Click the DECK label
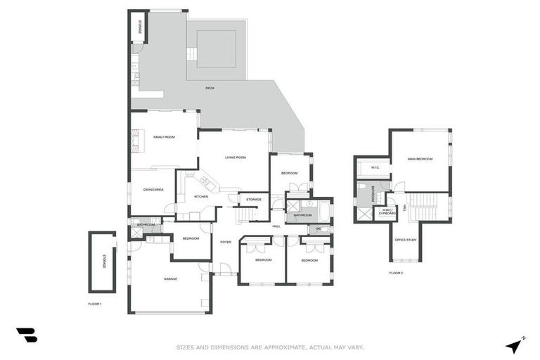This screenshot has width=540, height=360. [210, 88]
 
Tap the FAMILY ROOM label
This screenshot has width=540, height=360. [164, 137]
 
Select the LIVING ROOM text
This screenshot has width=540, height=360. [235, 157]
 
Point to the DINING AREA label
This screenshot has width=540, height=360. [153, 190]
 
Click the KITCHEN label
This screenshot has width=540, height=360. [201, 197]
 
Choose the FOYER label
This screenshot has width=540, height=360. [225, 242]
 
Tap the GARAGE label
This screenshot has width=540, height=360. [170, 279]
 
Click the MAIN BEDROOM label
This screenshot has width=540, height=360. [420, 160]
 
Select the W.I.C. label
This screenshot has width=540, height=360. [375, 167]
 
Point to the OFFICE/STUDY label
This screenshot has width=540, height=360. [405, 240]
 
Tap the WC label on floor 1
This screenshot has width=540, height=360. [319, 229]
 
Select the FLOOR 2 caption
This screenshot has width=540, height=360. [396, 273]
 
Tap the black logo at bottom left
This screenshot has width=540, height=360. [27, 335]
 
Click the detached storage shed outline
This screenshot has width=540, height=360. [102, 262]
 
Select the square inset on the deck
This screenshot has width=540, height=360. [216, 49]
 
